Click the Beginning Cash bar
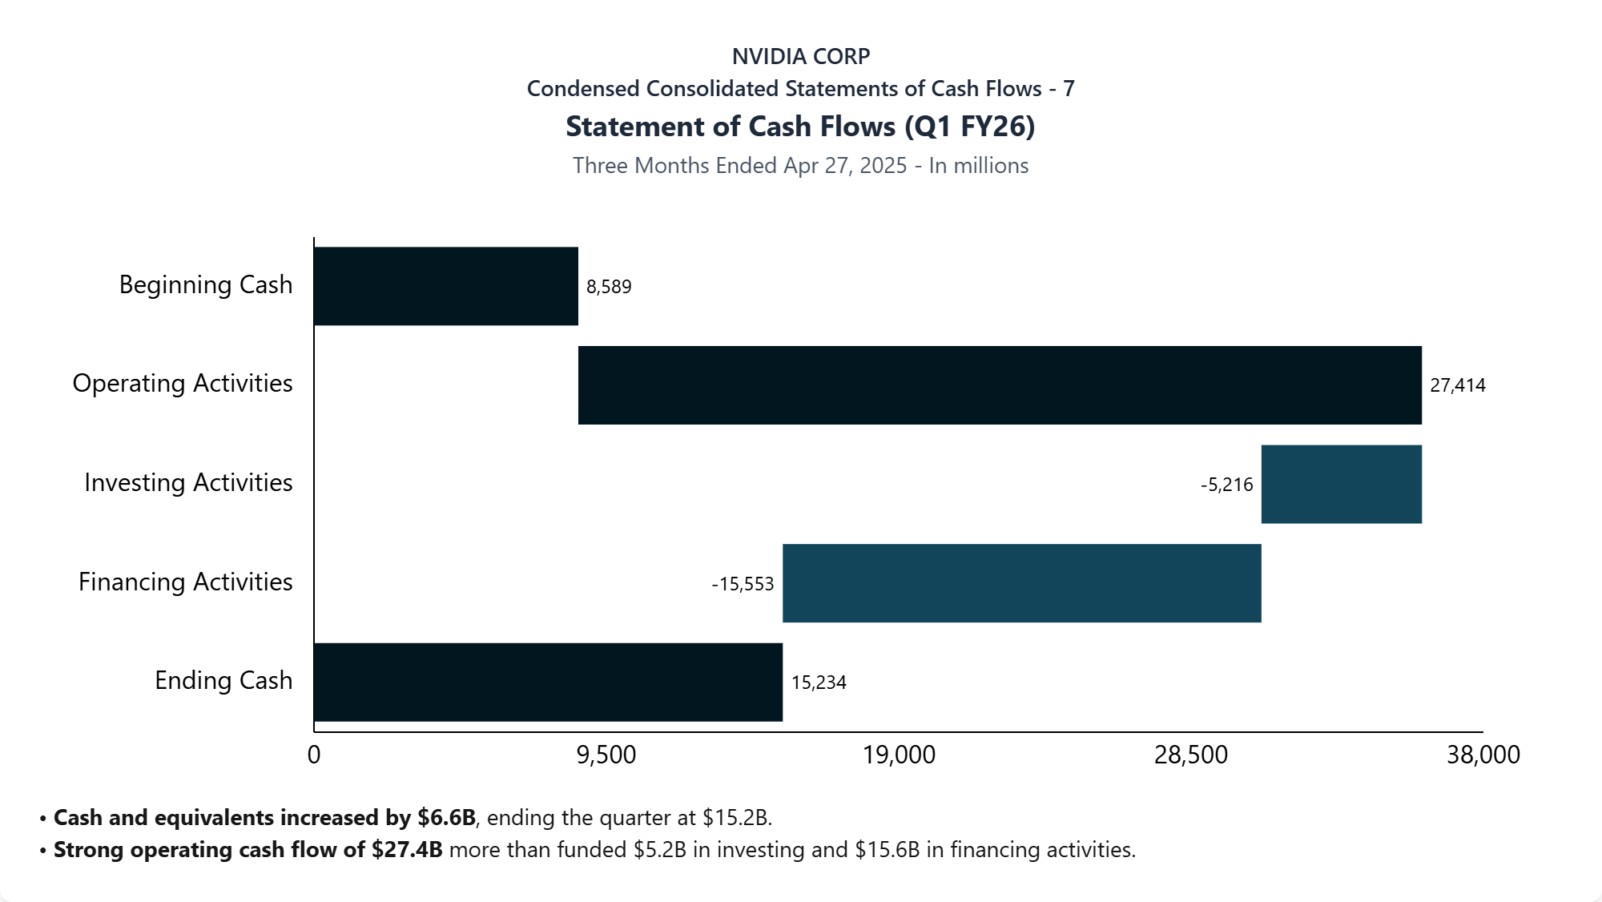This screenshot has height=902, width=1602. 445,286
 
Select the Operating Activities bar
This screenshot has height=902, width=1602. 1000,385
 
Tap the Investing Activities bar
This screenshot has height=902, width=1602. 1341,484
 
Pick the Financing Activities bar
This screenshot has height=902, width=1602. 1021,583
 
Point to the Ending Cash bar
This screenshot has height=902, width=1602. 548,682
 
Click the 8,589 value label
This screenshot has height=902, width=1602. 609,287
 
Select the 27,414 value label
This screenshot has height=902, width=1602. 1457,385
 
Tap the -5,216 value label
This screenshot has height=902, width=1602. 1226,485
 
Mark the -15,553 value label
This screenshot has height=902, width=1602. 743,584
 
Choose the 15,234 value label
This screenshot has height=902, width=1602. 819,683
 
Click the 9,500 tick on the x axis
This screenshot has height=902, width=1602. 606,755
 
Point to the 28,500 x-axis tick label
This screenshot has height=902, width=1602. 1190,755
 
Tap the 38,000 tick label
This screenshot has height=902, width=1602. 1483,755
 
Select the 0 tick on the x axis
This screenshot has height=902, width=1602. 314,755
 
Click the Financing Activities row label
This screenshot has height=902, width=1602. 185,582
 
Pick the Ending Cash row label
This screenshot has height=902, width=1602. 223,680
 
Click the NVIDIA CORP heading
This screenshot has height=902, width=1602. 801,56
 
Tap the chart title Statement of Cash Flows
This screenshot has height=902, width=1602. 801,127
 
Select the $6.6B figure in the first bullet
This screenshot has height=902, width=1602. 446,817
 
